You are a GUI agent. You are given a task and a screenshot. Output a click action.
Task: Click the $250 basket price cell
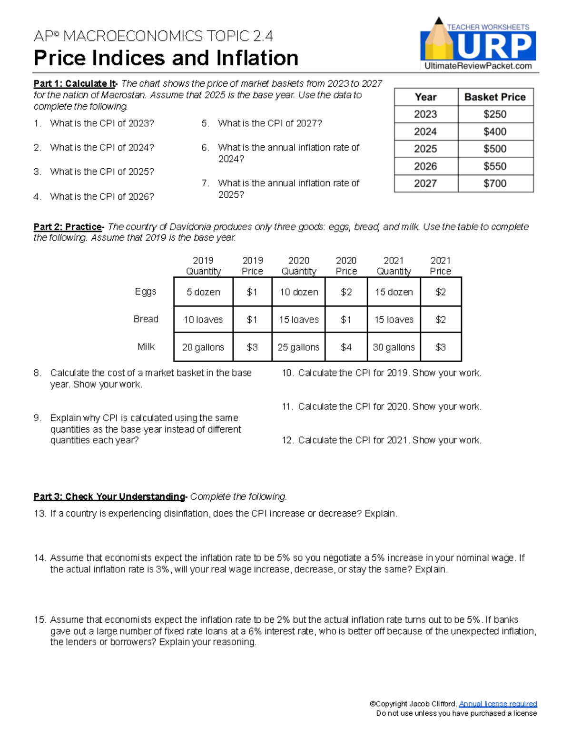point(495,114)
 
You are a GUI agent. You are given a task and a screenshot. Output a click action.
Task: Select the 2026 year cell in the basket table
point(425,166)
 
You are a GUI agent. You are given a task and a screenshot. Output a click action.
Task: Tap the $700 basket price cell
point(495,183)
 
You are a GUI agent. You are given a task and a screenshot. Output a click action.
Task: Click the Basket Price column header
point(495,97)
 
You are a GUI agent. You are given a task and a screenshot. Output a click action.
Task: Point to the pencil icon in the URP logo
point(439,41)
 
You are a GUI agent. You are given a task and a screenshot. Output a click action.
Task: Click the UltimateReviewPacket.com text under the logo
point(478,66)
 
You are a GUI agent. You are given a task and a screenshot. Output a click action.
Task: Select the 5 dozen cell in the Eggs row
point(203,292)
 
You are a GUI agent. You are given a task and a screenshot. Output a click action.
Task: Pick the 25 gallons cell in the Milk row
point(298,347)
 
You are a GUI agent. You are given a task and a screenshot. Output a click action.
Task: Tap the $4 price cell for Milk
point(346,347)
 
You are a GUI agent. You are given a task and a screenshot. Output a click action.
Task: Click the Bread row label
point(146,319)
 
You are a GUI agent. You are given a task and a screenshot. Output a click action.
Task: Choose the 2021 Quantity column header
point(394,266)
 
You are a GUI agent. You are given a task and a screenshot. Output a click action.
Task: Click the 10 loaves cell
point(203,320)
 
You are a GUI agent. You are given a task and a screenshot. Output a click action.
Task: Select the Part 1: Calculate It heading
point(74,84)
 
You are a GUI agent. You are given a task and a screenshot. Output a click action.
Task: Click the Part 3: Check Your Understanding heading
point(109,497)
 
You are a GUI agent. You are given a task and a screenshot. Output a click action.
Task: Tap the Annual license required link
point(498,704)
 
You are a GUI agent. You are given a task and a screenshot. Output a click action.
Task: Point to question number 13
point(39,514)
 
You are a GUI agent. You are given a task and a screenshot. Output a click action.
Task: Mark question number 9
point(38,418)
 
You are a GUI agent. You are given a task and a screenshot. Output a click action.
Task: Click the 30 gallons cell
point(394,347)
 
